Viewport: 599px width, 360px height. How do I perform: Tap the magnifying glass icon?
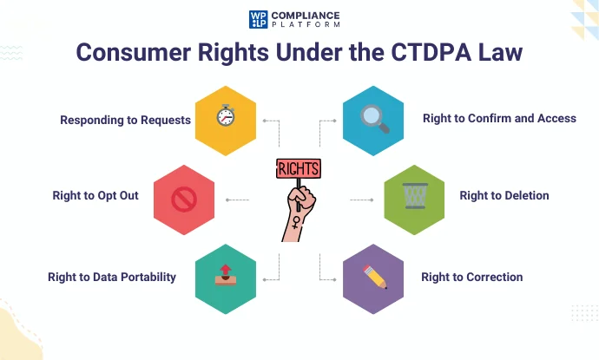tap(374, 117)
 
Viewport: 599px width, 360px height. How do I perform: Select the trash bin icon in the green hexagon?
tap(415, 194)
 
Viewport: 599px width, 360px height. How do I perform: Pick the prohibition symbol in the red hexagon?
tap(184, 200)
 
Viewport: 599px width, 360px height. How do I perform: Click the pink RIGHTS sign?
tap(298, 168)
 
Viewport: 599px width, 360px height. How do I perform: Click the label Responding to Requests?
tap(125, 120)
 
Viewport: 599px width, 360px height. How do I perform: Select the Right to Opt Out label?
tap(95, 195)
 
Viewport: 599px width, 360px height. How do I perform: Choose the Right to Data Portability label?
tap(112, 277)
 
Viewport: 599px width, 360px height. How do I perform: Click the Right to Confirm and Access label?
tap(499, 118)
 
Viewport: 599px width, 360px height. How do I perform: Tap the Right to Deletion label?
tap(504, 195)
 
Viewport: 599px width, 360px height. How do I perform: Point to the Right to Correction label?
tap(471, 277)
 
